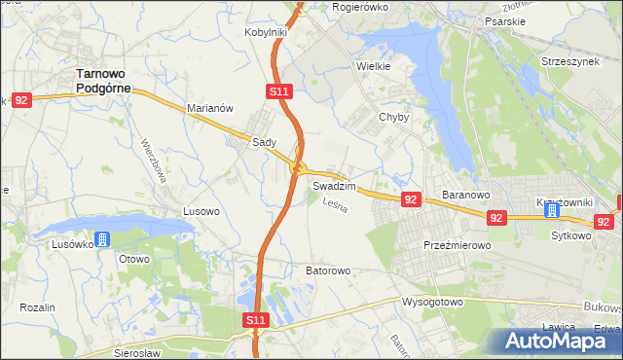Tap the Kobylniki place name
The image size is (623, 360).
coord(265,32)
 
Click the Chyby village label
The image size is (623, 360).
coord(393,117)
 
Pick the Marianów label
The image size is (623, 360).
coord(209,109)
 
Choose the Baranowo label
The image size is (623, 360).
coord(465,195)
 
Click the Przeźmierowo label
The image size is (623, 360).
coord(457,246)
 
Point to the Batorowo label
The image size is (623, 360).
coord(327,270)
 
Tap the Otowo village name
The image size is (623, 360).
coord(133,259)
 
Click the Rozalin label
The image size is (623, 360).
coord(37,307)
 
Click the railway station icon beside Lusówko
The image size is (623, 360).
coord(102,238)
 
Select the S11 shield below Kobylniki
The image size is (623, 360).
coord(277,91)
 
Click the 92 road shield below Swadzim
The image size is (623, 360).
coord(410,199)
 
